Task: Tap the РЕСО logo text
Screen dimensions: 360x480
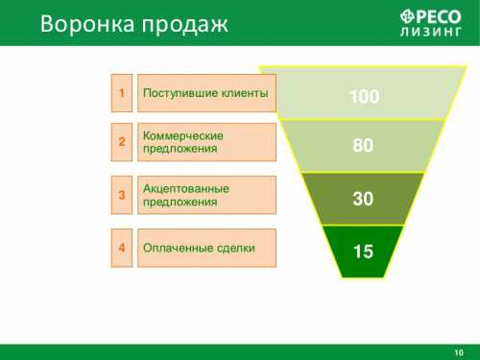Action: pos(432,14)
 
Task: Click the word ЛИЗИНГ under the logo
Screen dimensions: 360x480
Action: pos(432,31)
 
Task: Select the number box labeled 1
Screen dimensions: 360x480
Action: pos(122,93)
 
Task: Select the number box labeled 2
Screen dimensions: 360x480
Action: pos(122,142)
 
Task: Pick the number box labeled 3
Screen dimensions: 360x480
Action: pos(122,195)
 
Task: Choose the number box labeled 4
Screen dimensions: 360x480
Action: pos(122,248)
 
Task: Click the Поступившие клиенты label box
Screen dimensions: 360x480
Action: pos(206,93)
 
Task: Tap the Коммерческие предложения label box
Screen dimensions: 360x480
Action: pos(206,142)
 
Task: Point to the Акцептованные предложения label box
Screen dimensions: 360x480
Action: pos(206,195)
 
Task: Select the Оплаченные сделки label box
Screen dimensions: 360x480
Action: pos(206,248)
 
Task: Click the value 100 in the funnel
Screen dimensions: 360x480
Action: pos(364,97)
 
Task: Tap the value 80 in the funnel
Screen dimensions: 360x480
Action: pos(363,146)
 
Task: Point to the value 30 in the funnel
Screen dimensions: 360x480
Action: pos(363,199)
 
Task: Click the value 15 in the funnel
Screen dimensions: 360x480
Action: pos(363,252)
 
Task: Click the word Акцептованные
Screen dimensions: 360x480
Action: pos(183,188)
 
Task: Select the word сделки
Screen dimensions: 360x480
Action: pos(235,248)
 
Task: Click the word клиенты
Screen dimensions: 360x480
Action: pos(240,93)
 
